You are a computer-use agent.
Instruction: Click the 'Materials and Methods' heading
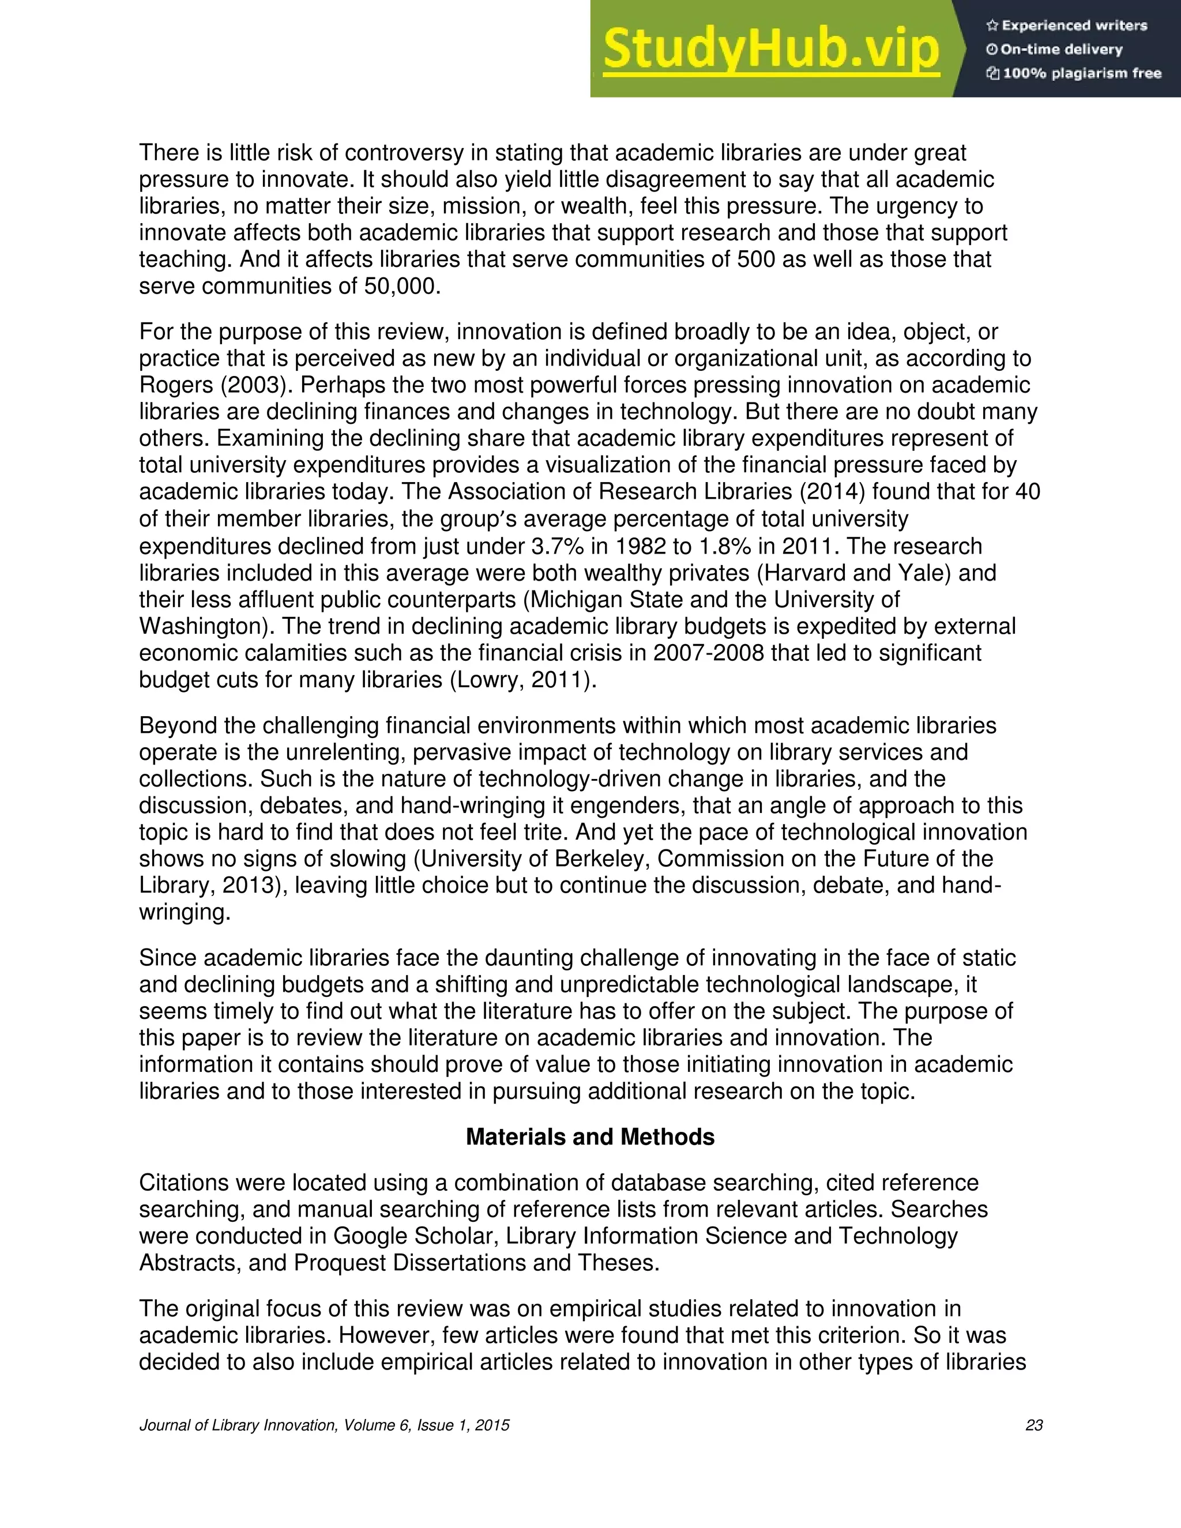[x=590, y=1137]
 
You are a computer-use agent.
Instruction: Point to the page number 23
[x=1033, y=1425]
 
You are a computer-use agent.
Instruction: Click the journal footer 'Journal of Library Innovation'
[x=238, y=1425]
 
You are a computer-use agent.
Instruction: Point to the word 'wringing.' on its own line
[x=185, y=912]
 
